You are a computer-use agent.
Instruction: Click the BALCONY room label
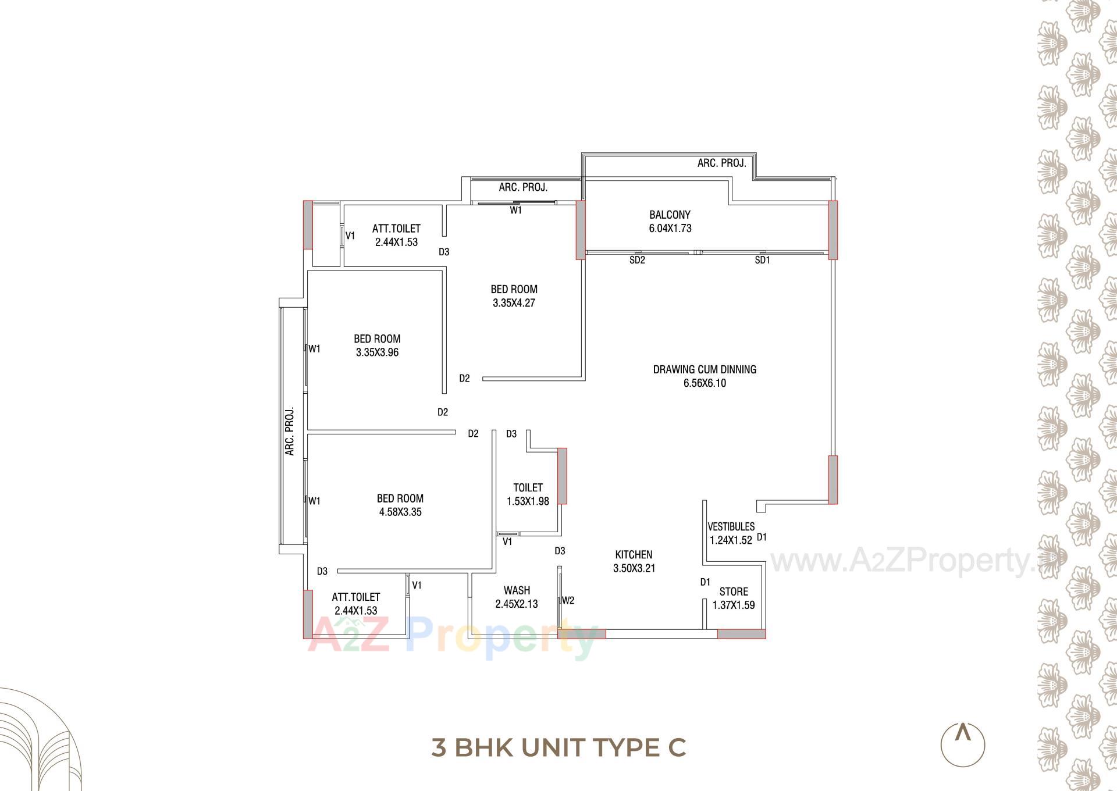[670, 215]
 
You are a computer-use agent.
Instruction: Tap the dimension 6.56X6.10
[705, 383]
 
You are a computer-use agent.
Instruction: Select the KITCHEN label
[634, 555]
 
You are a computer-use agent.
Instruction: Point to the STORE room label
[734, 592]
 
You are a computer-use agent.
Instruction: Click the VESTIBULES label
[731, 527]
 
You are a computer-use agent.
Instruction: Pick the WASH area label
[517, 590]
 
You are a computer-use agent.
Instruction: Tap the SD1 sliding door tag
[762, 261]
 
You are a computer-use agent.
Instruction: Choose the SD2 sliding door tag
[637, 261]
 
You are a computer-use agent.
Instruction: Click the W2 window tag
[568, 600]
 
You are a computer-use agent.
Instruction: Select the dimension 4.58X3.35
[400, 512]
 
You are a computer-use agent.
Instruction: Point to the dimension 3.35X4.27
[514, 303]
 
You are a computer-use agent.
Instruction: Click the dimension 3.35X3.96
[377, 352]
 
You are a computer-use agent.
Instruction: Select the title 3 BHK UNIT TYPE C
[558, 747]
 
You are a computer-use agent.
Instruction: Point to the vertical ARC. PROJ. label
[290, 431]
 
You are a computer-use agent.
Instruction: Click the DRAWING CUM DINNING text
[705, 369]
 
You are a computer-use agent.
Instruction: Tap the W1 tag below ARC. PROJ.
[515, 211]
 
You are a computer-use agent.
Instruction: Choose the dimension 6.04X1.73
[670, 229]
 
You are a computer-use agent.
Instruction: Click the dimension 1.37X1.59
[734, 605]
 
